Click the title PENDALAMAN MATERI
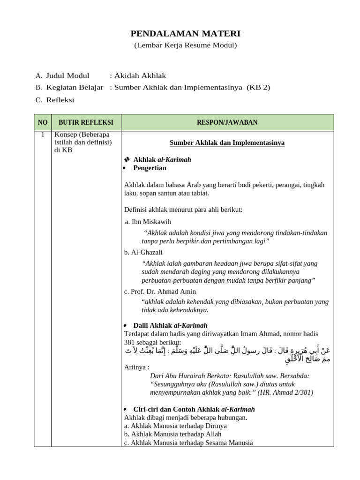[x=185, y=33]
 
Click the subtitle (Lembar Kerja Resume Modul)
[x=185, y=45]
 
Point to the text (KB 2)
[x=258, y=87]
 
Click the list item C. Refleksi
[x=55, y=99]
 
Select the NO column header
[x=43, y=122]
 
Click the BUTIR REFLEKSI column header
[x=86, y=122]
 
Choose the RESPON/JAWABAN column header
[x=227, y=122]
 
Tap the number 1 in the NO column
[x=43, y=135]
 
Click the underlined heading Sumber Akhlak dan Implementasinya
[x=227, y=142]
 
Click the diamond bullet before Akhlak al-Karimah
[x=127, y=160]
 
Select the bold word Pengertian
[x=150, y=168]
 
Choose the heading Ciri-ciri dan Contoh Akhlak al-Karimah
[x=194, y=409]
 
